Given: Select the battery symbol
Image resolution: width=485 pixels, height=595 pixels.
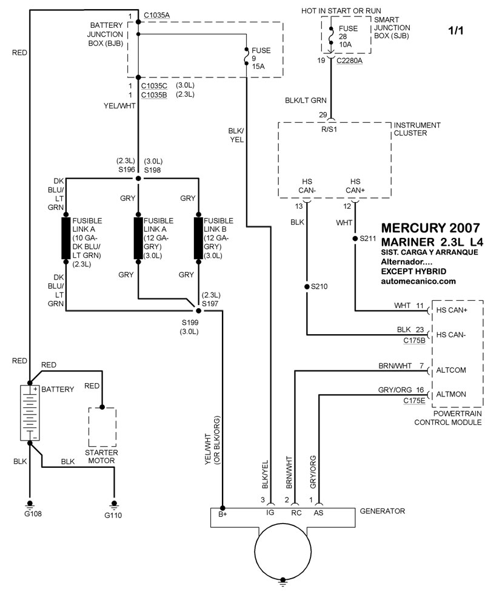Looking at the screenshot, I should (x=28, y=413).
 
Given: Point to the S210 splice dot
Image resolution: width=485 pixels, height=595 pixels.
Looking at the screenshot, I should (x=307, y=286).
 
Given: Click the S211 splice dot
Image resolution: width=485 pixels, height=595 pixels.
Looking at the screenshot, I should (x=355, y=238).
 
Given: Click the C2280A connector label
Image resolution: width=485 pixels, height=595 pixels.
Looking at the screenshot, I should (x=350, y=61).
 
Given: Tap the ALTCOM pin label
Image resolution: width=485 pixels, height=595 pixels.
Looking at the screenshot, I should (x=451, y=369).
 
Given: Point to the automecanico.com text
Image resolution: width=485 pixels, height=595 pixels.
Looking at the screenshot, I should (x=418, y=281).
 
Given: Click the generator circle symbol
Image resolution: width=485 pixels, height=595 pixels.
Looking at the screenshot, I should (x=282, y=550).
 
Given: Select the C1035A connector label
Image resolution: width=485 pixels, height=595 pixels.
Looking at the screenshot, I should (x=157, y=16).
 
